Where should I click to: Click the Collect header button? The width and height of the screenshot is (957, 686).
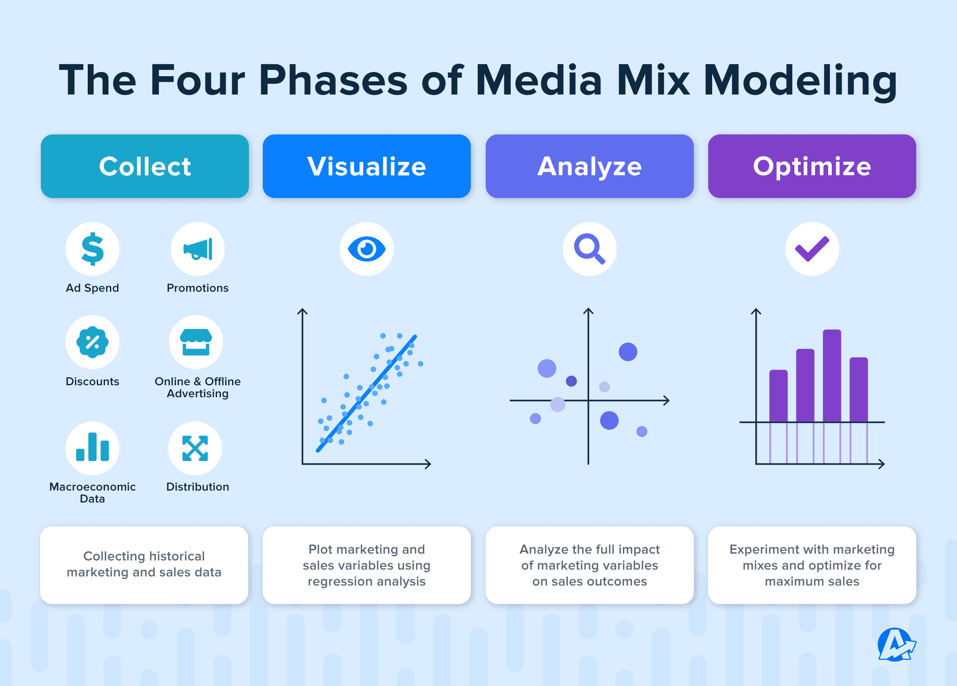[x=145, y=166]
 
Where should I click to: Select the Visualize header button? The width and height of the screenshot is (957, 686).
[x=366, y=166]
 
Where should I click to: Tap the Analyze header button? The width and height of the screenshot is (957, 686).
[x=589, y=166]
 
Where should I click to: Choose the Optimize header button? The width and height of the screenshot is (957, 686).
[x=811, y=166]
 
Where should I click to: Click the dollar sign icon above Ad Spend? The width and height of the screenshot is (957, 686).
[x=93, y=249]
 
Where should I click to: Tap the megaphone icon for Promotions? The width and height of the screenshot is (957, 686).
[x=197, y=249]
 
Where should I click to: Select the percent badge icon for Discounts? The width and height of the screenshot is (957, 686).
[x=93, y=342]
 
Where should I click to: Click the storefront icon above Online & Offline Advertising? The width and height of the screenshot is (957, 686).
[x=196, y=342]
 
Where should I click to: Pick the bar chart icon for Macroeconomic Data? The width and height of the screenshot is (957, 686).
[x=93, y=448]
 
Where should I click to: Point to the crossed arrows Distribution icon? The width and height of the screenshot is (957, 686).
[x=195, y=448]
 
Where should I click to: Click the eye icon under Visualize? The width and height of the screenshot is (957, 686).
[x=366, y=249]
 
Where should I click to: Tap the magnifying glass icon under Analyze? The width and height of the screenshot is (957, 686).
[x=589, y=249]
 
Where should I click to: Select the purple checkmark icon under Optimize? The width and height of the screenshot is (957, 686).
[x=811, y=249]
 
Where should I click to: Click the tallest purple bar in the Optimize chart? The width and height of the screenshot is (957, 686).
[x=832, y=376]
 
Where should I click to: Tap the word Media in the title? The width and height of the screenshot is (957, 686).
[x=538, y=80]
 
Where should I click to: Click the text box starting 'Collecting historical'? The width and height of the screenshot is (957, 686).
[x=144, y=564]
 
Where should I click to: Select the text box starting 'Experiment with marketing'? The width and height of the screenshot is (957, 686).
[x=811, y=564]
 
